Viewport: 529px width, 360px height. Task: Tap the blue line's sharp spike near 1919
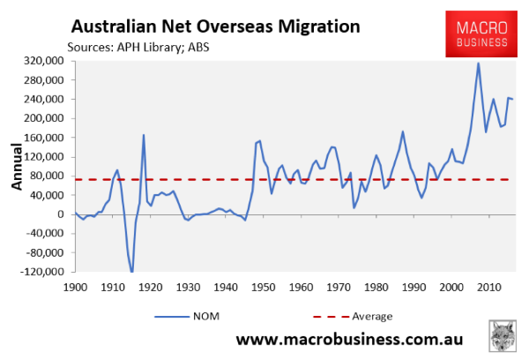pos(144,135)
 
